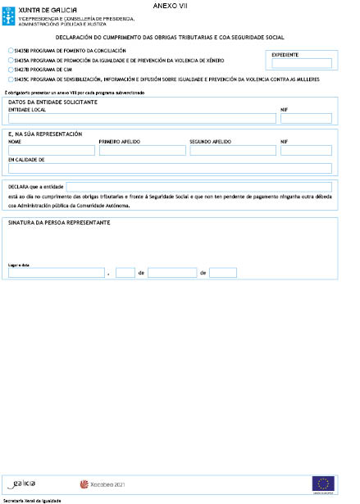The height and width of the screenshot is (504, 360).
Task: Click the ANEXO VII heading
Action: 170,6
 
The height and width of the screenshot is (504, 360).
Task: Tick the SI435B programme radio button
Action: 9,51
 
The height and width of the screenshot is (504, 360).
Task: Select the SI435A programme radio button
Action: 9,61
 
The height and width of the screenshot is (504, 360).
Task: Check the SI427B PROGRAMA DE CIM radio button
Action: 9,70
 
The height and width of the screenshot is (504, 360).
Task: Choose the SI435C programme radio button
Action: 9,79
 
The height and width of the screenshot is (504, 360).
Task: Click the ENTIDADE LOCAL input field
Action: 141,119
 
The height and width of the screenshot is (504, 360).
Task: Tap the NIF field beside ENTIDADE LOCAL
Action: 306,119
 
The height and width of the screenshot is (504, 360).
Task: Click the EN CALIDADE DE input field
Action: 169,169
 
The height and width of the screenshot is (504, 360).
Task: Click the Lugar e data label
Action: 18,266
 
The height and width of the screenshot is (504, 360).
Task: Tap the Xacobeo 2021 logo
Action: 102,484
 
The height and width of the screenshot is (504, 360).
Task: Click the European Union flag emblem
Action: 323,484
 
